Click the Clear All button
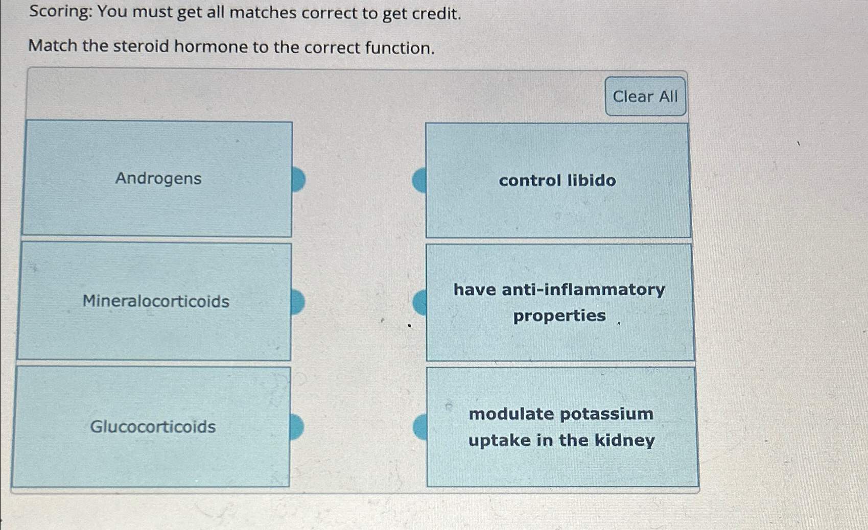(645, 97)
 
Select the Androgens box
(157, 179)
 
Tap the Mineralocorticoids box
(155, 301)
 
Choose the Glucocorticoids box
(152, 426)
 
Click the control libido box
(557, 181)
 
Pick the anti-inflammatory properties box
(559, 302)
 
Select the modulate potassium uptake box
(561, 427)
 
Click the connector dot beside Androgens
(298, 179)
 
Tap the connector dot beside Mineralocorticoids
(297, 302)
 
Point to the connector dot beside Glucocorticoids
(296, 427)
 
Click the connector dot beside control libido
(419, 180)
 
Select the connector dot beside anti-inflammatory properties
(420, 302)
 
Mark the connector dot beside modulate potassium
(420, 427)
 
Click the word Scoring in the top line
(60, 11)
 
